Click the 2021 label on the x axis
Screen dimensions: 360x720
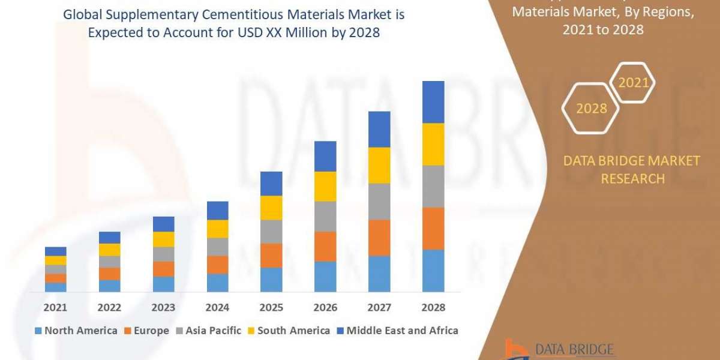pos(55,307)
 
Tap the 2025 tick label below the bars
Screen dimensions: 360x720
pos(271,307)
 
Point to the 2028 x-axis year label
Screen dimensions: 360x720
pos(433,307)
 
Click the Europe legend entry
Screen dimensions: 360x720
pos(148,330)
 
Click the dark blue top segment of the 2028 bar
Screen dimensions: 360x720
pos(433,102)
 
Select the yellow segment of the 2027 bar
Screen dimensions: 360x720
pos(379,165)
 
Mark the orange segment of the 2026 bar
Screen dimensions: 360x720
pos(325,246)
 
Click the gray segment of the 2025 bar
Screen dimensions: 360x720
pos(271,231)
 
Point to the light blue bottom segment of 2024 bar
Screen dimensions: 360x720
pos(217,283)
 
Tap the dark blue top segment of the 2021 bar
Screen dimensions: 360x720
pos(55,251)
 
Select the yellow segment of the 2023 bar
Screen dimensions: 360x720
pos(163,239)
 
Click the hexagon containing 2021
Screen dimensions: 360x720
pos(633,83)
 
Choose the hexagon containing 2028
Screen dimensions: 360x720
pos(591,109)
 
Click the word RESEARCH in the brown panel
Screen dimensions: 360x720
pos(632,178)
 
